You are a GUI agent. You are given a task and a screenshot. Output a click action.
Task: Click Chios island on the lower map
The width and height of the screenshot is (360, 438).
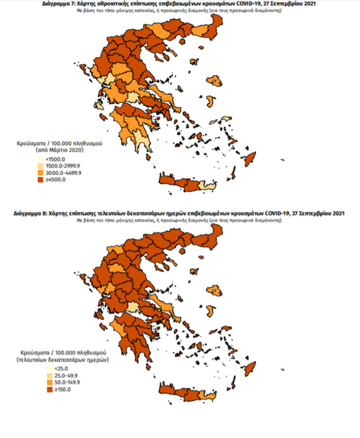tap(211, 310)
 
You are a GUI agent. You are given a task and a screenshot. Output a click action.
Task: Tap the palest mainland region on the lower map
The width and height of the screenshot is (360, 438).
tap(132, 308)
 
